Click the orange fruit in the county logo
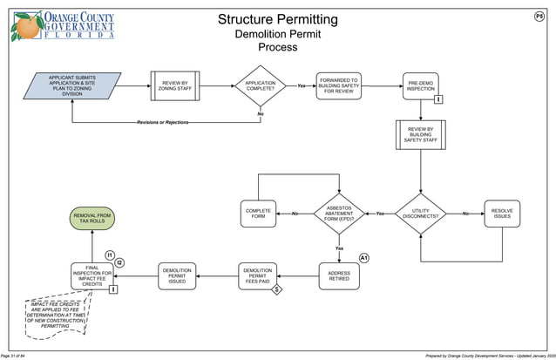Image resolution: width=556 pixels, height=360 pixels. click(25, 25)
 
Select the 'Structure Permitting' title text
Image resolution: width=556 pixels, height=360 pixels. click(277, 19)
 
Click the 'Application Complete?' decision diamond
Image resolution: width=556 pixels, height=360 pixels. click(260, 85)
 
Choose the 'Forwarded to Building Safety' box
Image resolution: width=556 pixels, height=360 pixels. click(337, 85)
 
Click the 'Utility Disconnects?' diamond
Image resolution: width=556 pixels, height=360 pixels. click(421, 214)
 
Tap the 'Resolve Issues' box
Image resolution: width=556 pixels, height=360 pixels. click(502, 214)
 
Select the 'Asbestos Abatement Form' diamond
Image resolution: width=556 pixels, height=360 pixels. click(338, 214)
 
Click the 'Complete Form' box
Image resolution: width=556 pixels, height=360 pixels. click(258, 214)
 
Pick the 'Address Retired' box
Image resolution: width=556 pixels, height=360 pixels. click(338, 275)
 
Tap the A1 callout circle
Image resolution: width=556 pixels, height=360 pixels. click(364, 259)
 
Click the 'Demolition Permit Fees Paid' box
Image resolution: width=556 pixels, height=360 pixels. click(258, 275)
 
